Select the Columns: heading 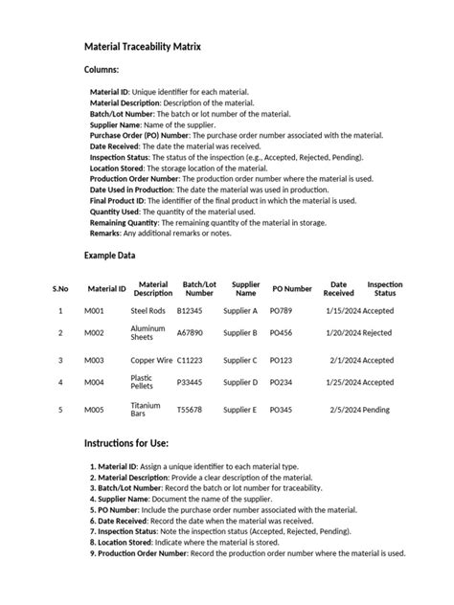click(x=102, y=70)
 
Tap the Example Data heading click(x=109, y=256)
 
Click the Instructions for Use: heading click(x=126, y=444)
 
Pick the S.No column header click(x=60, y=288)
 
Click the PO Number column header click(x=291, y=288)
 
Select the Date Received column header click(x=338, y=288)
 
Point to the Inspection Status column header click(x=385, y=288)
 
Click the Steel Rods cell click(x=148, y=311)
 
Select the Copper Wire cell click(x=152, y=361)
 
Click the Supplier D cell click(x=240, y=383)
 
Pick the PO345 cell click(x=281, y=410)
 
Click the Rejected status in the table click(x=377, y=333)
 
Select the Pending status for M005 click(x=376, y=410)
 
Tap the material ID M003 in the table click(x=95, y=361)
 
